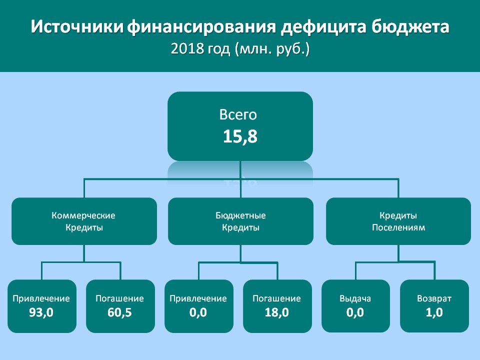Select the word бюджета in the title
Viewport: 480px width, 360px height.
[410, 27]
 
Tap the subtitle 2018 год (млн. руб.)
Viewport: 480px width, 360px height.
[240, 49]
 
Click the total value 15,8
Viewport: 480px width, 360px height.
[240, 136]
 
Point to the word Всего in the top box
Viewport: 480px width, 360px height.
[238, 115]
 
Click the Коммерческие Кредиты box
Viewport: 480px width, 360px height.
[84, 221]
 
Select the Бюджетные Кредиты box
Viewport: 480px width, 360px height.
[240, 221]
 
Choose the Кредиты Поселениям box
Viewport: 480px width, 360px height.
[398, 221]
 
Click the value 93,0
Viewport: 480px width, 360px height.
[41, 312]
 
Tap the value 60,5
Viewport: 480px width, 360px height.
[119, 312]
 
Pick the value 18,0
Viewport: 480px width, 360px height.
[276, 312]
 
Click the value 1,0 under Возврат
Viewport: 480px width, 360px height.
[434, 312]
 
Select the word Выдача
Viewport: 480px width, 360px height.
[355, 299]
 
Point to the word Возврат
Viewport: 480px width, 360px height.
[434, 299]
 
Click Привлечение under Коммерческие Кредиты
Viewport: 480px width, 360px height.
[41, 299]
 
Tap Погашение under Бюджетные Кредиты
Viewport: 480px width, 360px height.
[276, 299]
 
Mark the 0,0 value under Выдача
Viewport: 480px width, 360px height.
[355, 312]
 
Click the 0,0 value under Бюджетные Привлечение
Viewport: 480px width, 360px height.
[198, 312]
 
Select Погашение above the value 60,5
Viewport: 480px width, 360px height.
[119, 299]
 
